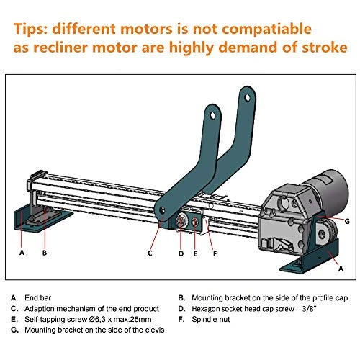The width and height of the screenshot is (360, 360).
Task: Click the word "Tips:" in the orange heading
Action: point(31,29)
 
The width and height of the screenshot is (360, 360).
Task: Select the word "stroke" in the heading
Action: point(325,48)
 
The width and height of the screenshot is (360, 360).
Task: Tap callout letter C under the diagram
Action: point(150,253)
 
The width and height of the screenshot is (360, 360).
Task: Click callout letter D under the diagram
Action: point(181,253)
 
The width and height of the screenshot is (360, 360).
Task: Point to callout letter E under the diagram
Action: point(195,253)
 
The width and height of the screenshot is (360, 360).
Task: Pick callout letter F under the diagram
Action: point(215,253)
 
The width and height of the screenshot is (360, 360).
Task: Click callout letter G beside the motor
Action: point(347,221)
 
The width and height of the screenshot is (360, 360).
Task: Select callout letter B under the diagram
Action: point(45,253)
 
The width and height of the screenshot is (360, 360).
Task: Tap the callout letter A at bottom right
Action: point(341,269)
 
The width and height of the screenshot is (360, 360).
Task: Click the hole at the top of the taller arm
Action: point(247,98)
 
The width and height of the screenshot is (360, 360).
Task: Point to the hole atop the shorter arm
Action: point(212,115)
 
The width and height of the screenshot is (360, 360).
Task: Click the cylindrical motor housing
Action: point(329,192)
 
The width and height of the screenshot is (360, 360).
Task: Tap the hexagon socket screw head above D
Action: point(181,220)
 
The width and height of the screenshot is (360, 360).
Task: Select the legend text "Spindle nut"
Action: point(211,320)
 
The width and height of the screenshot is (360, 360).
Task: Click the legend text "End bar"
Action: point(37,298)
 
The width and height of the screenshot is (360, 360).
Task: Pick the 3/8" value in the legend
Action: point(310,309)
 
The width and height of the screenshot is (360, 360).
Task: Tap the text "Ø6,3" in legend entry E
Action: point(96,320)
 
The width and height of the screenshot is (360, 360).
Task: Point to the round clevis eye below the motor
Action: point(323,234)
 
